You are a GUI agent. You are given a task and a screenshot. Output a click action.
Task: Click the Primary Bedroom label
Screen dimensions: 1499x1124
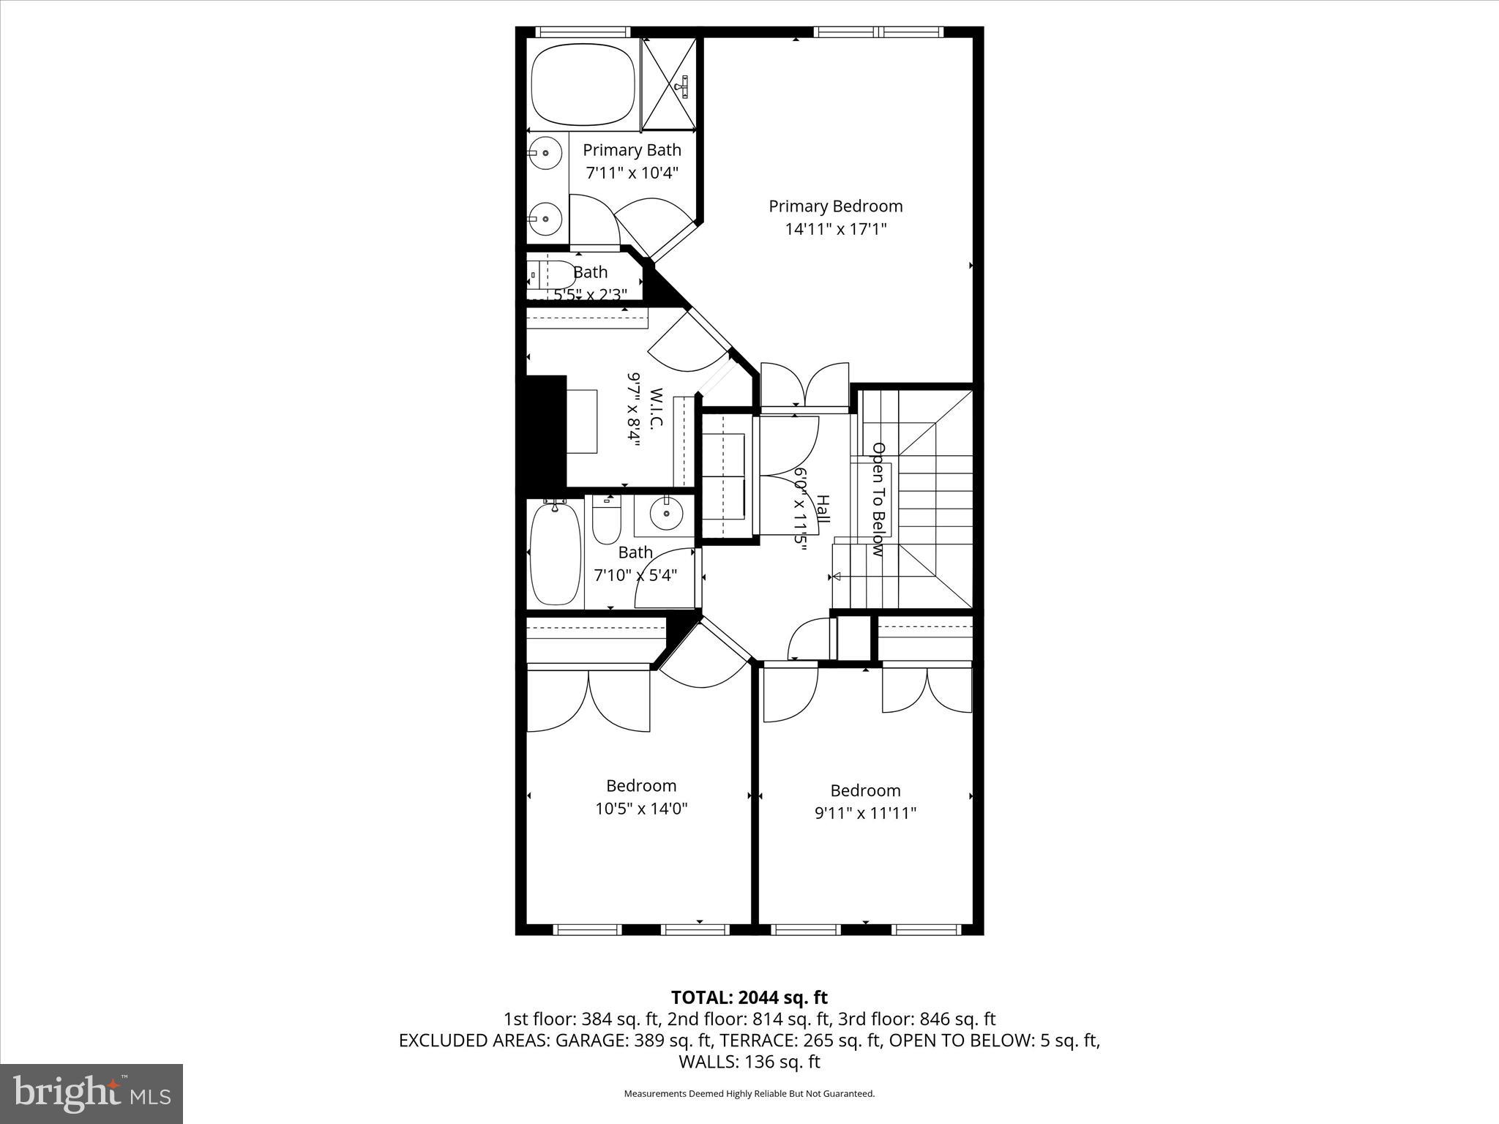pos(835,206)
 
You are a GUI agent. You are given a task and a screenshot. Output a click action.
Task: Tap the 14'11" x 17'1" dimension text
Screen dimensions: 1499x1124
pos(836,229)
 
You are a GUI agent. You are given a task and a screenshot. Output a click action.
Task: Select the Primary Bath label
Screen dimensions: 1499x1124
pos(632,150)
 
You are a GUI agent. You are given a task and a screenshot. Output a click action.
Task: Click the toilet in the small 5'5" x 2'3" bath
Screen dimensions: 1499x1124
pos(552,275)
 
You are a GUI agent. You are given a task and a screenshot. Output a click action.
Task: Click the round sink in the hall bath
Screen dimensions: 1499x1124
pos(666,513)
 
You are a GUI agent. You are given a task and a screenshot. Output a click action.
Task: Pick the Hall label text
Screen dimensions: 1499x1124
pos(823,509)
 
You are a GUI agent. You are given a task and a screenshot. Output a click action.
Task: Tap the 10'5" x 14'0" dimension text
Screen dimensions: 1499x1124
pos(641,809)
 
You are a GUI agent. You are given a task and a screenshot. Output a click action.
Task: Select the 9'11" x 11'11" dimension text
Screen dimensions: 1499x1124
pos(865,813)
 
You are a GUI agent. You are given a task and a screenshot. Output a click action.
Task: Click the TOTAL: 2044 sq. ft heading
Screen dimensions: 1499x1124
pos(749,997)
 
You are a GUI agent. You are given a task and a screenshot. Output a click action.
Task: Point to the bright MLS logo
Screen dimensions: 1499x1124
pos(91,1093)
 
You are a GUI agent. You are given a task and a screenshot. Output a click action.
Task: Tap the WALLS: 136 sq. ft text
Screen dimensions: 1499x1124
pos(749,1062)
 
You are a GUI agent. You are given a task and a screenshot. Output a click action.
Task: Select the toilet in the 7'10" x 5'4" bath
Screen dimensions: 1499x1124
pos(606,519)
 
